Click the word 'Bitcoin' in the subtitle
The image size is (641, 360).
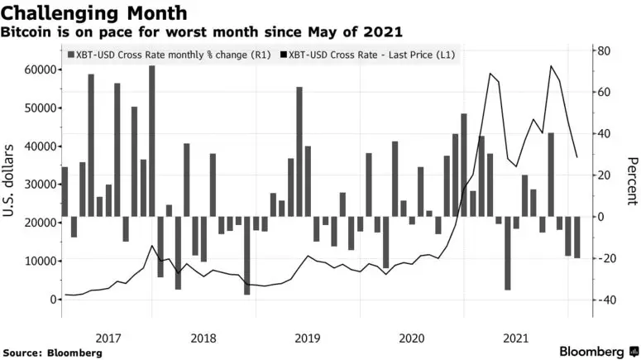click(31, 33)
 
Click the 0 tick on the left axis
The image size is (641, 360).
click(52, 299)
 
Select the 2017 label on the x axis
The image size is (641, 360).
click(108, 338)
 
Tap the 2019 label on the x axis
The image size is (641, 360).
click(307, 338)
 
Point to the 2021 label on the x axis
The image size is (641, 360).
click(515, 338)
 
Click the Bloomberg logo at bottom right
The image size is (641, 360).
click(592, 351)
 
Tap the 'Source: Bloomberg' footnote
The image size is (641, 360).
click(52, 353)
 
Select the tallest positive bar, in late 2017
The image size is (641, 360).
click(152, 141)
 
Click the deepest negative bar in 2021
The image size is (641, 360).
click(507, 253)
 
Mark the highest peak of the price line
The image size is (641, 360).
click(551, 65)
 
